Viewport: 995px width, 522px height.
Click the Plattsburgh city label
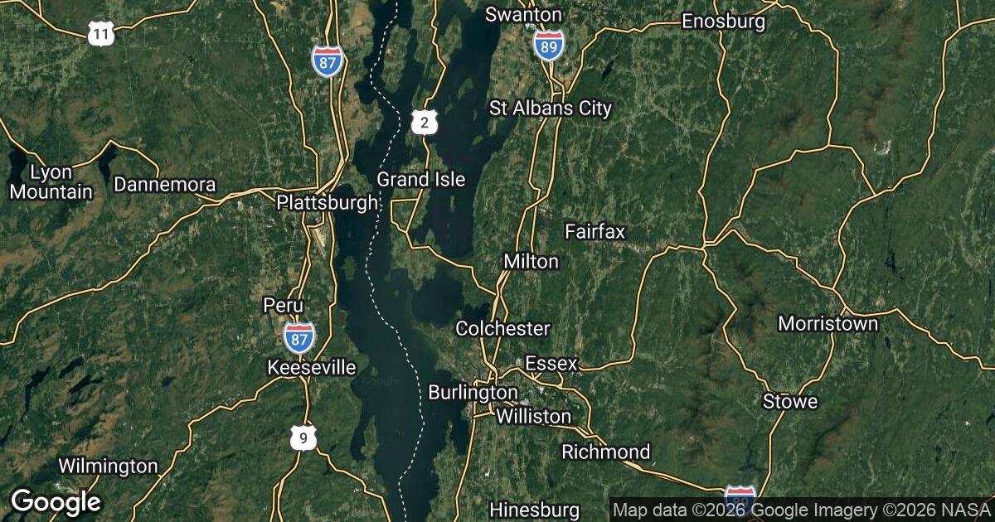click(x=326, y=203)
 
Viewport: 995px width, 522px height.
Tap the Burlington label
click(x=473, y=392)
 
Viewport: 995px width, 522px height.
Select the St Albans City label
click(x=551, y=108)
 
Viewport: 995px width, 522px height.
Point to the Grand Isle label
click(x=420, y=179)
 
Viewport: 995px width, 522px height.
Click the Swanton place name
click(x=523, y=14)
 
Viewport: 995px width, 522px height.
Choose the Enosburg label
click(x=723, y=22)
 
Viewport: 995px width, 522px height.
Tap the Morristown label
click(x=828, y=323)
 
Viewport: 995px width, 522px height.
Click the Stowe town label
click(x=790, y=402)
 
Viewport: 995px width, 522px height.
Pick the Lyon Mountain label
click(x=61, y=182)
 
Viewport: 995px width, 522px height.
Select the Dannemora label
click(x=165, y=184)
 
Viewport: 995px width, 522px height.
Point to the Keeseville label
click(x=312, y=366)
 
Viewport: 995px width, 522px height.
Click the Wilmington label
click(x=108, y=466)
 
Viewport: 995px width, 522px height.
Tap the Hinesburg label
click(x=534, y=509)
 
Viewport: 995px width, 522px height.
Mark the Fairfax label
click(x=595, y=231)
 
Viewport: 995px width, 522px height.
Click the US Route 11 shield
click(x=100, y=34)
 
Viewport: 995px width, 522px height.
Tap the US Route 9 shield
click(x=303, y=438)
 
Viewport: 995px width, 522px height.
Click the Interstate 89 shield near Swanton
click(x=549, y=45)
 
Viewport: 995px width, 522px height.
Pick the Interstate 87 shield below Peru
click(x=299, y=337)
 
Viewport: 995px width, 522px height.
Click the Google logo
click(x=56, y=501)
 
